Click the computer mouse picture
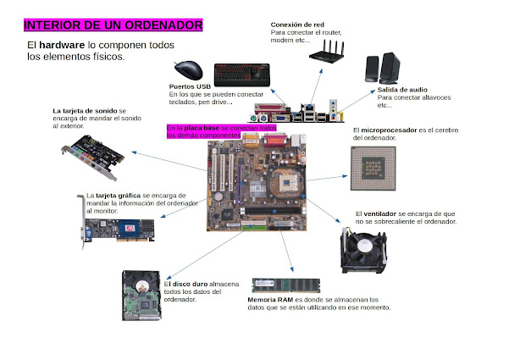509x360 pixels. tap(188, 70)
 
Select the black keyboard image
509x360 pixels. tap(242, 75)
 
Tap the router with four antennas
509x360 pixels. tap(327, 52)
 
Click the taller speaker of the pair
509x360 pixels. tap(390, 68)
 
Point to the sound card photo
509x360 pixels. tap(93, 157)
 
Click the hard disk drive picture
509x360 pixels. tap(141, 296)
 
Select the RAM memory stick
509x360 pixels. tap(286, 285)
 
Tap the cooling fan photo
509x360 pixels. tap(363, 250)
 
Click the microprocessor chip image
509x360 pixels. tap(373, 169)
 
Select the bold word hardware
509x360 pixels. tap(62, 45)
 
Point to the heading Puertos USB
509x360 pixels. tap(190, 86)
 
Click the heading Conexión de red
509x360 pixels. tap(297, 25)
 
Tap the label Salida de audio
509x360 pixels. tap(402, 90)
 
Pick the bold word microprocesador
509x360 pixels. tap(389, 130)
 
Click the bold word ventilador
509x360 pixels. tap(379, 214)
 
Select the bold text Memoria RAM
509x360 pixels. tap(270, 300)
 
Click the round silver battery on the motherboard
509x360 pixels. tap(219, 197)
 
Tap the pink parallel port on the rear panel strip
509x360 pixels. tap(269, 108)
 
